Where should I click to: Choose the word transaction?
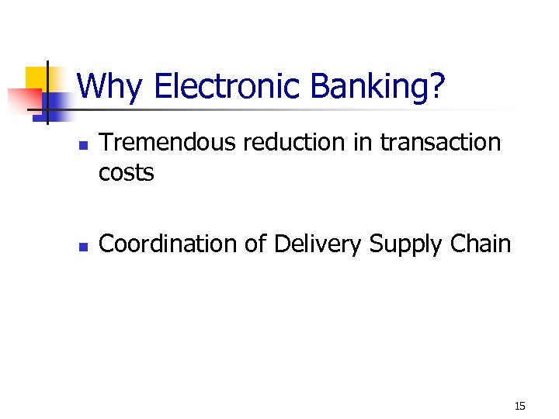point(439,143)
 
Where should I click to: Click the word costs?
point(127,173)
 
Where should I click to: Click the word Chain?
point(481,244)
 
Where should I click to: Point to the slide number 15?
point(519,406)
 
